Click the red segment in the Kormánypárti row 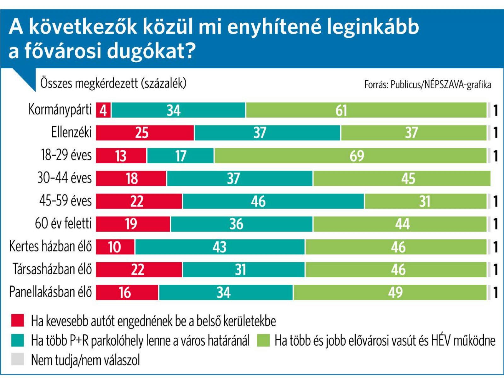point(103,110)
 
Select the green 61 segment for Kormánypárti point(366,110)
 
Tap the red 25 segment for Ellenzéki point(145,133)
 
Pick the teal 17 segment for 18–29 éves point(180,155)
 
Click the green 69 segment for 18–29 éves point(350,155)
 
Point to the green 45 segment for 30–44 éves point(402,178)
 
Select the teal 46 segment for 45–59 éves point(273,201)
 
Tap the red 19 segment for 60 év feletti point(133,224)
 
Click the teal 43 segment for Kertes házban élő point(220,247)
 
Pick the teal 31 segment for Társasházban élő point(243,269)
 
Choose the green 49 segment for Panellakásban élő point(390,292)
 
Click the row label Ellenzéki point(72,132)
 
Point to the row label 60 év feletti point(63,223)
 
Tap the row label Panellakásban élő point(50,292)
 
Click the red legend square point(18,320)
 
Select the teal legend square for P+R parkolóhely point(18,340)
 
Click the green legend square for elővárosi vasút point(263,340)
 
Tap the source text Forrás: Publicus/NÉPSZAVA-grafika point(427,84)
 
